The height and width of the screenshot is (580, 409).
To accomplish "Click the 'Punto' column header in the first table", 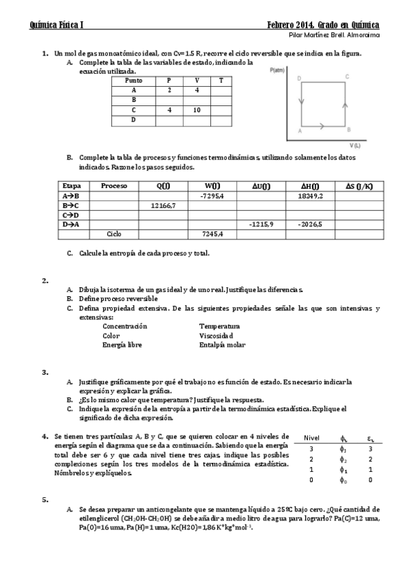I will pos(134,80).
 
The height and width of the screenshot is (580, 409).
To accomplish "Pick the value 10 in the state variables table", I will pos(197,109).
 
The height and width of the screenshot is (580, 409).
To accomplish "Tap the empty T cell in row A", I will pos(221,90).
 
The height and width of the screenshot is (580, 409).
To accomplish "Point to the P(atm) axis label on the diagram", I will pos(277,70).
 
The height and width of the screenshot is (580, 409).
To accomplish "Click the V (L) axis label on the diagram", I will pos(355,145).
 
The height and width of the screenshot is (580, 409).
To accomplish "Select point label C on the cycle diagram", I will pos(348,77).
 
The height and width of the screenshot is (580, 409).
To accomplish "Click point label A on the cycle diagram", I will pos(300,130).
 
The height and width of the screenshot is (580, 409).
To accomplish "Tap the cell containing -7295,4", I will pos(212,196).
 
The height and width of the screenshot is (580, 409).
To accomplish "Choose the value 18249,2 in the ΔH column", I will pos(311,196).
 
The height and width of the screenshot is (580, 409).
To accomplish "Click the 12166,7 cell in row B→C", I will pos(163,205).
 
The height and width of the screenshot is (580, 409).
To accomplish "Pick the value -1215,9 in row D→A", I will pos(262,224).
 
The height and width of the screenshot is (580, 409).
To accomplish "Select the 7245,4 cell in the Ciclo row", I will pos(212,234).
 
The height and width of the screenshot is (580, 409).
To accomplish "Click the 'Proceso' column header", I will pos(114,186).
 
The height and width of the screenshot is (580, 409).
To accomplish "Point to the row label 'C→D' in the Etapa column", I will pos(70,215).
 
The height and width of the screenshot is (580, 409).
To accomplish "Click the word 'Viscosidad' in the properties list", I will pos(216,336).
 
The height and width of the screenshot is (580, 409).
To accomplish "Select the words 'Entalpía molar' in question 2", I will pos(222,345).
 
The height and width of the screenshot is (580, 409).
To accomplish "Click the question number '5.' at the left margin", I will pos(45,499).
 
